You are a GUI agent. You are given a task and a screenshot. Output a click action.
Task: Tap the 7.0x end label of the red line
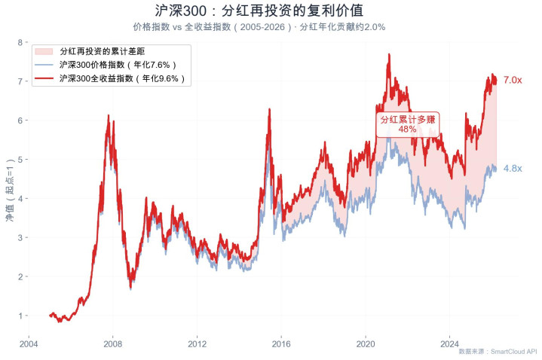513,80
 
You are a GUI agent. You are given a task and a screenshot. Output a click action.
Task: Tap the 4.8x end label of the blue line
513,169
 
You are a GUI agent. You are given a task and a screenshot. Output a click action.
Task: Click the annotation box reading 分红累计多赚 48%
407,124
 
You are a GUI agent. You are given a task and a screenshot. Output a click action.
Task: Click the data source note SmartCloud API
498,352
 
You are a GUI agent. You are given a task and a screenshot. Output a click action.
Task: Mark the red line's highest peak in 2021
388,54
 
